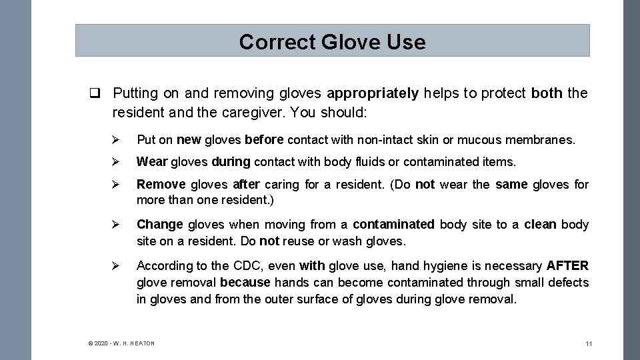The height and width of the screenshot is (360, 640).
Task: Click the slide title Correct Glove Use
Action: (332, 42)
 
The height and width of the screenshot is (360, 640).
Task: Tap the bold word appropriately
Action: (373, 93)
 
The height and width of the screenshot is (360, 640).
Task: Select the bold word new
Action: (189, 140)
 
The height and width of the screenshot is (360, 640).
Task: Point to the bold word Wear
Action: (152, 161)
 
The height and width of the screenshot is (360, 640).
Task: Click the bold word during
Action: (231, 161)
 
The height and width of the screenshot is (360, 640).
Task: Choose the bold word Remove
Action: (161, 184)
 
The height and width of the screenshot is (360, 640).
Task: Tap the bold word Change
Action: (160, 225)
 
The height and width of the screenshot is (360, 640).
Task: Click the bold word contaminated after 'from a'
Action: (393, 225)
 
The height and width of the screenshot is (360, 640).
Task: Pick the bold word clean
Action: (540, 225)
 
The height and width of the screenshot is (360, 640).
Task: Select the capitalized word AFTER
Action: (567, 266)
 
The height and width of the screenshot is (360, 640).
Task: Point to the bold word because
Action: (245, 283)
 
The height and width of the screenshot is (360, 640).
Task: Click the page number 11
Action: (589, 344)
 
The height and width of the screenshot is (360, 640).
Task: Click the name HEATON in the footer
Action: (141, 343)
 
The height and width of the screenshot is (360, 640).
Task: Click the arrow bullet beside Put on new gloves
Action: (115, 140)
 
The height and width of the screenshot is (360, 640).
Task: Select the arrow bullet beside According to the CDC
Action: (115, 266)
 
